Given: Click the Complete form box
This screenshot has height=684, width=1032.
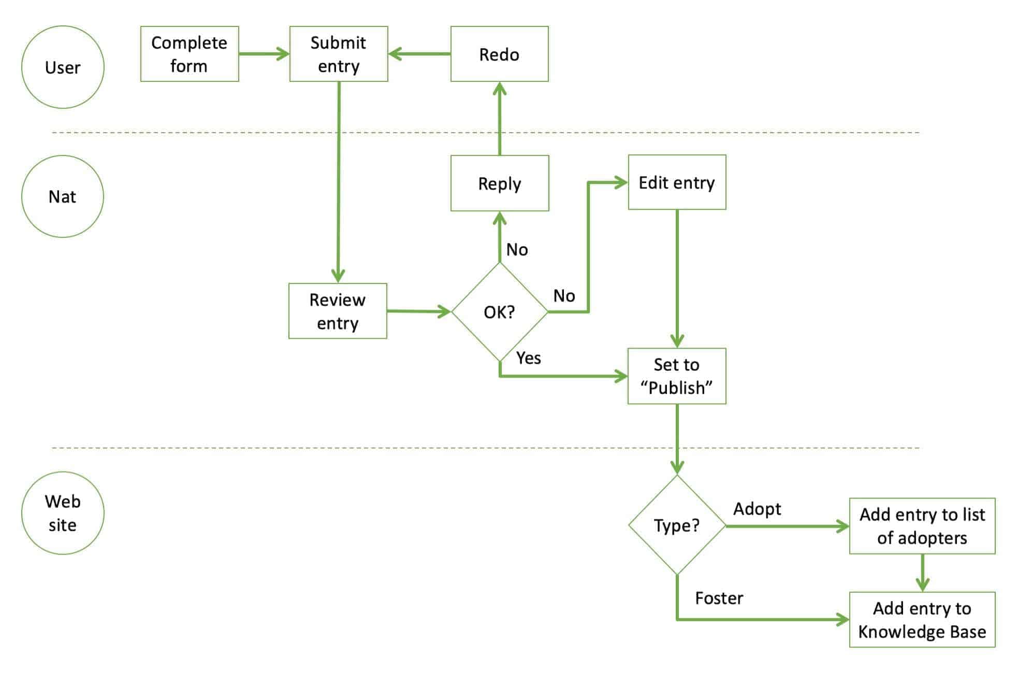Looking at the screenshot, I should click(x=190, y=54).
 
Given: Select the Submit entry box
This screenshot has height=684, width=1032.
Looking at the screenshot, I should click(x=339, y=54).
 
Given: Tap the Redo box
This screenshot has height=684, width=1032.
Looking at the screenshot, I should click(x=499, y=54).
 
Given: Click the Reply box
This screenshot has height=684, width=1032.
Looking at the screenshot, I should click(x=499, y=183).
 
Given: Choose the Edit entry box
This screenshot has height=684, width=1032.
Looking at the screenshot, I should click(x=677, y=182).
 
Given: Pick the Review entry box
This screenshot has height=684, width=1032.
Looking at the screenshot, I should click(x=338, y=311).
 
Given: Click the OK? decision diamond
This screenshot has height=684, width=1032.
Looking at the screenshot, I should click(x=499, y=311).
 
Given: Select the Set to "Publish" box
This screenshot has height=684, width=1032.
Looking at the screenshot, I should click(x=677, y=376).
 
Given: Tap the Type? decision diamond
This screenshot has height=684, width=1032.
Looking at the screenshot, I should click(x=677, y=525).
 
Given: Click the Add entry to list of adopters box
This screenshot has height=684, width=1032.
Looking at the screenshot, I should click(x=922, y=526).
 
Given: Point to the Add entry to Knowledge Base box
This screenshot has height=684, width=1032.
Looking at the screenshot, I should click(x=922, y=620).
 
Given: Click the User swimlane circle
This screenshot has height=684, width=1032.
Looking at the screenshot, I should click(x=63, y=67).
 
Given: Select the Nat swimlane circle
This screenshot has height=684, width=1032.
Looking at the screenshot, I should click(x=63, y=196).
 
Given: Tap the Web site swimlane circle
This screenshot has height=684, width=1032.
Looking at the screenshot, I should click(x=63, y=513).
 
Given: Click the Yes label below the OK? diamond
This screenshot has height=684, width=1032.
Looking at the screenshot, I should click(x=528, y=358).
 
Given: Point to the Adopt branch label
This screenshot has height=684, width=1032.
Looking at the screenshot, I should click(x=757, y=509).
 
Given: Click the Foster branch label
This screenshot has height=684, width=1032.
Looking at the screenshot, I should click(x=719, y=598).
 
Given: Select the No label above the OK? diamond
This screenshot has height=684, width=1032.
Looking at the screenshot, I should click(x=517, y=250).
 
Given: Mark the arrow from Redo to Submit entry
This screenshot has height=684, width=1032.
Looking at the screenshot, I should click(x=419, y=54).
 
